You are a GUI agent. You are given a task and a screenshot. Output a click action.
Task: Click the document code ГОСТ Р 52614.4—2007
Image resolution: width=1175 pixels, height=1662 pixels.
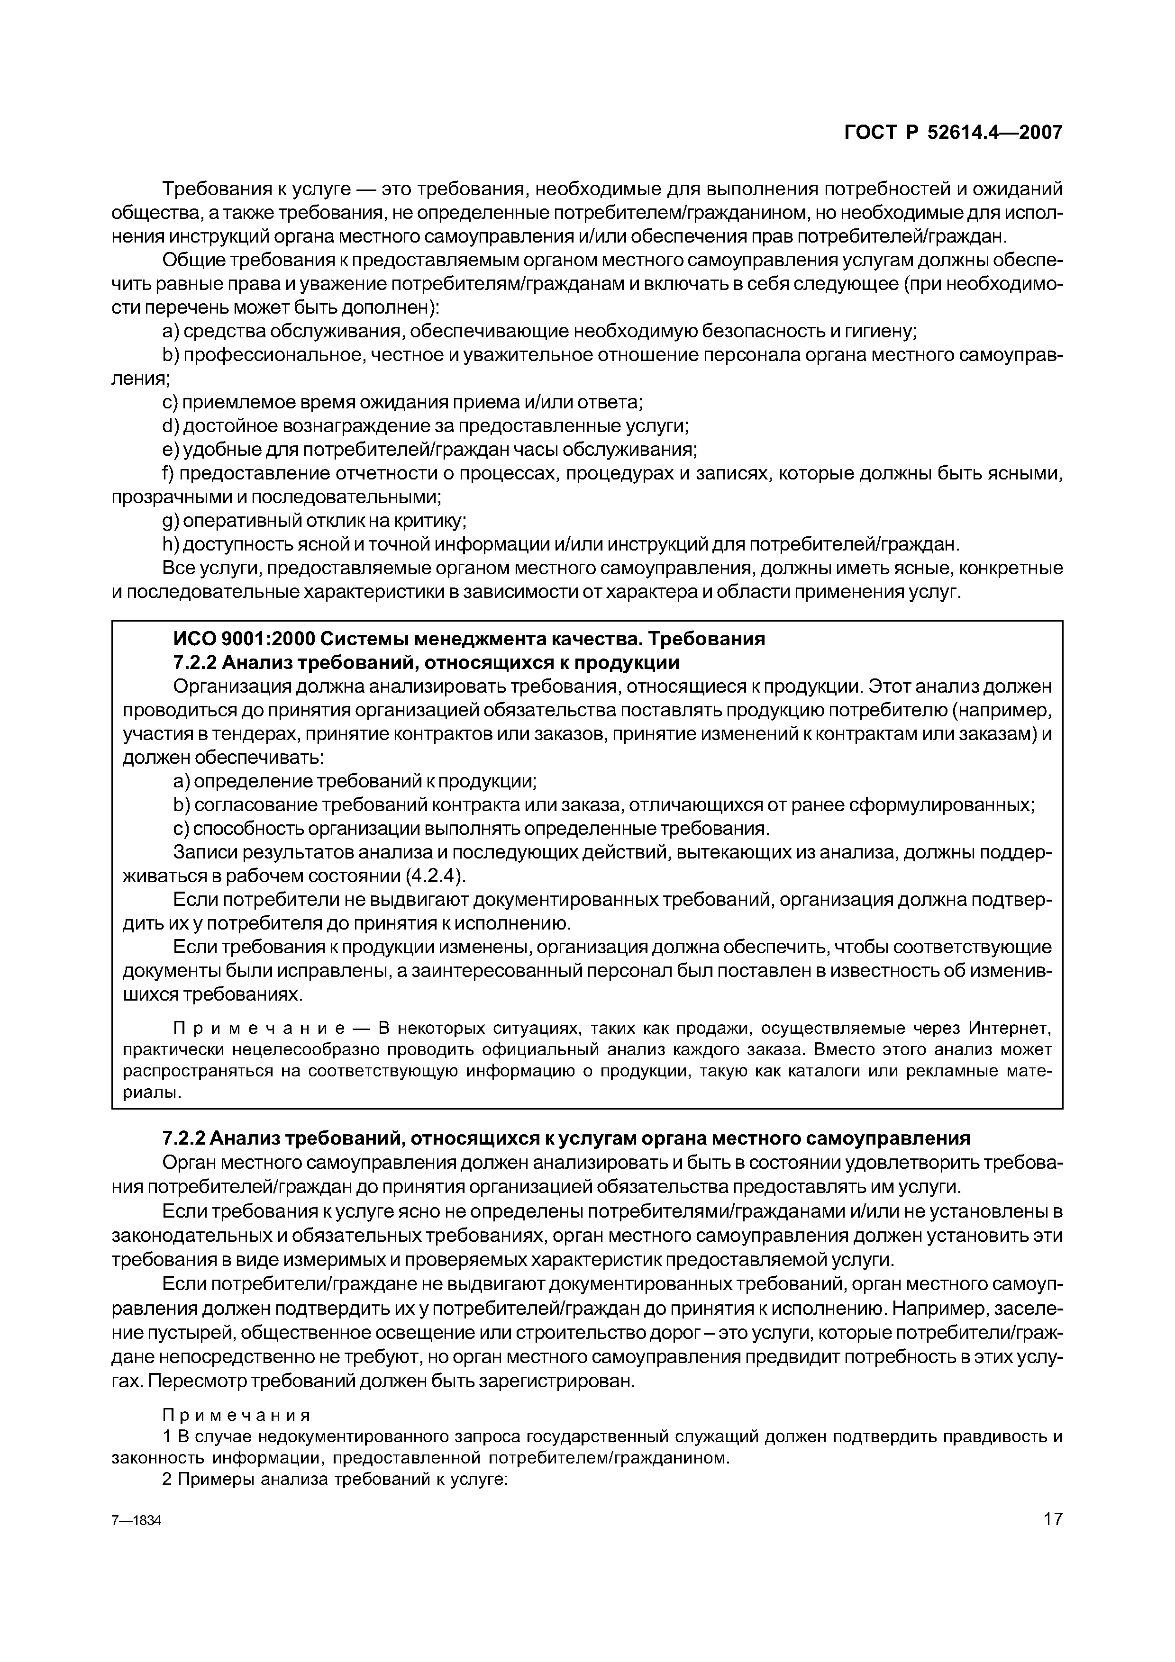pos(954,133)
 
